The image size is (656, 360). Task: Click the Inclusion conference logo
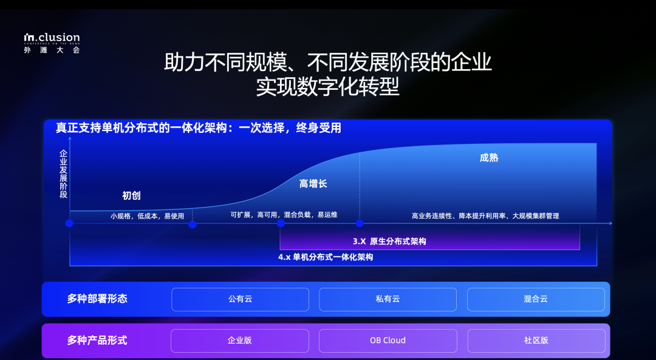(52, 43)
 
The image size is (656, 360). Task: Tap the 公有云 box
(240, 299)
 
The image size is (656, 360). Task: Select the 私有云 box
(388, 299)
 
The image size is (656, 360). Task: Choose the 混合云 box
(536, 299)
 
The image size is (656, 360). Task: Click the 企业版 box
(239, 341)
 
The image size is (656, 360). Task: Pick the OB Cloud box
(388, 341)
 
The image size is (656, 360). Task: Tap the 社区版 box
(536, 341)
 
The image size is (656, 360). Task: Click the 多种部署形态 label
(97, 299)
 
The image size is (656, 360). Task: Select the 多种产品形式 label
(97, 340)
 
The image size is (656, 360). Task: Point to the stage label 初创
(131, 195)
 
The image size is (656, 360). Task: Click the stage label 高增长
(313, 183)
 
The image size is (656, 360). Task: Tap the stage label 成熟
(489, 158)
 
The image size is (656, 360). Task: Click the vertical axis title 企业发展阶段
(63, 174)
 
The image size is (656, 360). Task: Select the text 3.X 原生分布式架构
(389, 241)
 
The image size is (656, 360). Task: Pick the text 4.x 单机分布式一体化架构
(326, 257)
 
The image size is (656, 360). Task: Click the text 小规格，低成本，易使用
(147, 216)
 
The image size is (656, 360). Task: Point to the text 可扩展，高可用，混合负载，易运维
(284, 215)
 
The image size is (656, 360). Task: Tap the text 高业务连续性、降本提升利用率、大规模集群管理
(485, 216)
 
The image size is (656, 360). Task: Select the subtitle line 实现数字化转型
(327, 87)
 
